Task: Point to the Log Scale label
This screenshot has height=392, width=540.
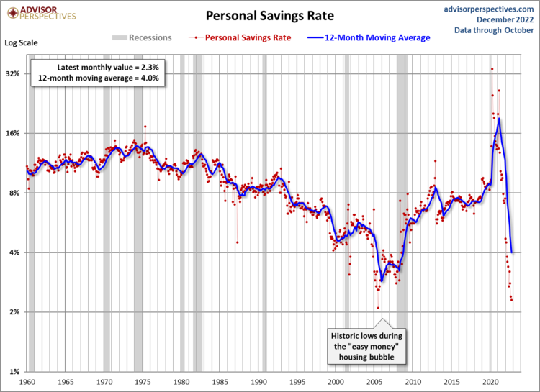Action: (22, 42)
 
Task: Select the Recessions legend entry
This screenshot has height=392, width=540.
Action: (142, 37)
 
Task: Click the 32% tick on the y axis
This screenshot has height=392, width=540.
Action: (13, 73)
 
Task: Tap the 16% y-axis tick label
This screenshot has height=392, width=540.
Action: (13, 133)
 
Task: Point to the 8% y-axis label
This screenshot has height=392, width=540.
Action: (15, 193)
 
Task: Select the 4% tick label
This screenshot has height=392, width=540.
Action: (15, 252)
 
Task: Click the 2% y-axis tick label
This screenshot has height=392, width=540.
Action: (15, 312)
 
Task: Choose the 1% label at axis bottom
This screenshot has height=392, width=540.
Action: (15, 372)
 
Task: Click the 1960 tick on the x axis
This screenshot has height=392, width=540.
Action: (27, 382)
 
